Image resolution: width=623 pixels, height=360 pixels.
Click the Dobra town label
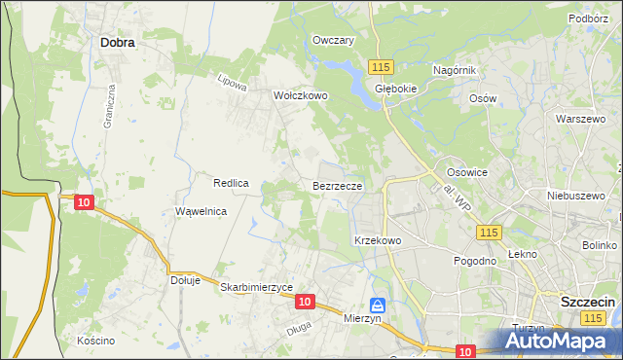click(117, 43)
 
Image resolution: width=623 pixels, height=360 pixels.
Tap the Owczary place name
click(332, 41)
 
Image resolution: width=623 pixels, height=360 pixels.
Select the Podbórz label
click(588, 18)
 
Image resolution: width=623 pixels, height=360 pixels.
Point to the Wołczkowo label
click(301, 96)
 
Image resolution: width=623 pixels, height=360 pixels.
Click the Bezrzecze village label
click(338, 185)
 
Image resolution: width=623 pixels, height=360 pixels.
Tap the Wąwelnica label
click(201, 211)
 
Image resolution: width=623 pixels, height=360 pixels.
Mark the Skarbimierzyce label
click(257, 287)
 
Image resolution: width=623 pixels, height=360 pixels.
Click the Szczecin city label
click(588, 303)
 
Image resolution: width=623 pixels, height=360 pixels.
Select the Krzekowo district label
click(378, 239)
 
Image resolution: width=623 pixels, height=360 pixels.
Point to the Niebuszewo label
click(570, 194)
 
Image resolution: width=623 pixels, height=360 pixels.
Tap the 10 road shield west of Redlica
click(84, 201)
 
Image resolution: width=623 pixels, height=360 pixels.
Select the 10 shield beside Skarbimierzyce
click(305, 303)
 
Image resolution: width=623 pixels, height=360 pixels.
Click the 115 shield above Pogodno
click(489, 232)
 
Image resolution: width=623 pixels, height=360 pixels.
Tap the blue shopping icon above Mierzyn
click(377, 305)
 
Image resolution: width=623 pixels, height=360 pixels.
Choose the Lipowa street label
click(231, 83)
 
